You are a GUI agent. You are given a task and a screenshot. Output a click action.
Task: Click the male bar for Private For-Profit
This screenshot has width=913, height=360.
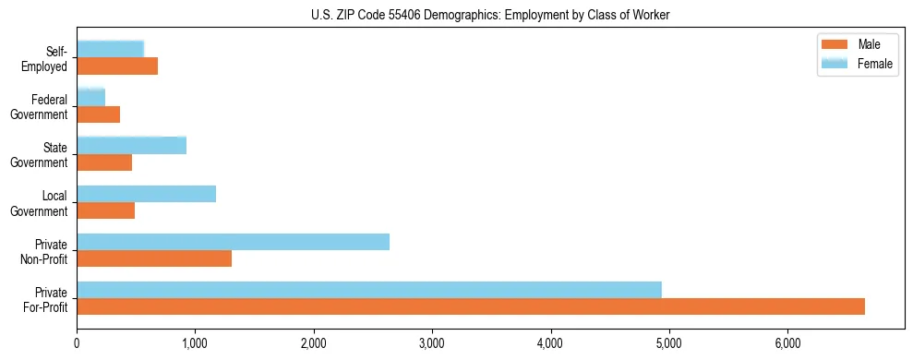(x=471, y=306)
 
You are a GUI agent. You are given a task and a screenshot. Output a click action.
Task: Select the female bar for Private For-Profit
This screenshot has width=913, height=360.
(x=369, y=290)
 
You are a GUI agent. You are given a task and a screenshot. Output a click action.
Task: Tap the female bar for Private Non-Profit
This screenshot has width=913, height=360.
(x=233, y=242)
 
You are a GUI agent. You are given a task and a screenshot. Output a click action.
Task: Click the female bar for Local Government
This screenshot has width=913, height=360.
(x=146, y=194)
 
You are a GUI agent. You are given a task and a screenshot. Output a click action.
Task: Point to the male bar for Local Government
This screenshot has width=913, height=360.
(x=105, y=210)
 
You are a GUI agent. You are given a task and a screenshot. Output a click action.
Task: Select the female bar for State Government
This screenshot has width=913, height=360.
(x=131, y=145)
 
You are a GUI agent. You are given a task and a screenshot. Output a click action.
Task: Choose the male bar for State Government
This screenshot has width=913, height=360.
(x=104, y=162)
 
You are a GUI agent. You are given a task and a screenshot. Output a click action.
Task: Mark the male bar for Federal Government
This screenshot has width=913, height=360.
(x=98, y=114)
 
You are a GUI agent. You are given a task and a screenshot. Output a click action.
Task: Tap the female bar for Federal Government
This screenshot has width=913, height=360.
(x=90, y=97)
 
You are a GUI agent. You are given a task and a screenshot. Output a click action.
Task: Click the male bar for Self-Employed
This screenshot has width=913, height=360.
(x=117, y=66)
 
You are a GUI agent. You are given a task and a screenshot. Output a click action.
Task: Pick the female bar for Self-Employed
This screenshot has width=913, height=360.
(x=110, y=49)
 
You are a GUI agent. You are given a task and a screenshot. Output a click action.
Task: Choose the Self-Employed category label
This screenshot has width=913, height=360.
(x=50, y=58)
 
